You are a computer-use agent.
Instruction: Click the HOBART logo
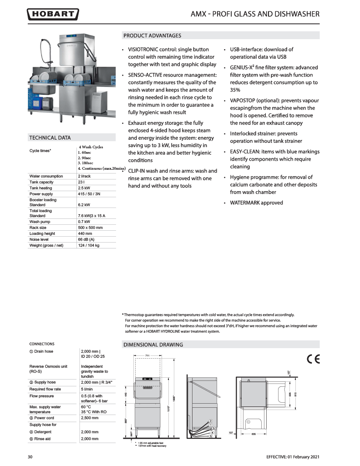(x=53, y=15)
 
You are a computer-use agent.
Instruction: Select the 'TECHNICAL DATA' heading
(x=50, y=137)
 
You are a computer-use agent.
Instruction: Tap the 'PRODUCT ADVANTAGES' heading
(x=152, y=35)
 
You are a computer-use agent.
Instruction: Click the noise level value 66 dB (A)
(x=87, y=239)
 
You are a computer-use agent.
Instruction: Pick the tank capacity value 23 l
(x=82, y=182)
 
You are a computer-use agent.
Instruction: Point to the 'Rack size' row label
(x=38, y=228)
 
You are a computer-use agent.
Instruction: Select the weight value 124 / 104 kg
(x=89, y=245)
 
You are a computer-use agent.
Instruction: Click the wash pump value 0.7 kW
(x=84, y=222)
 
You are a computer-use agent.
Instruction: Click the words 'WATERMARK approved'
(x=256, y=203)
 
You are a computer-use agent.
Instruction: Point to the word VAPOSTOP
(x=245, y=100)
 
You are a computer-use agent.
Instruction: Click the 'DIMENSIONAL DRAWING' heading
(x=153, y=344)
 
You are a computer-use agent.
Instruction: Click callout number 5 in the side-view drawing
(x=211, y=436)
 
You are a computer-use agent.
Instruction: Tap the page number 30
(x=30, y=456)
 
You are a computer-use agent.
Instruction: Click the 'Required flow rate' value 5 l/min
(x=88, y=389)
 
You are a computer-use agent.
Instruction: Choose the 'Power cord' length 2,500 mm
(x=90, y=417)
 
